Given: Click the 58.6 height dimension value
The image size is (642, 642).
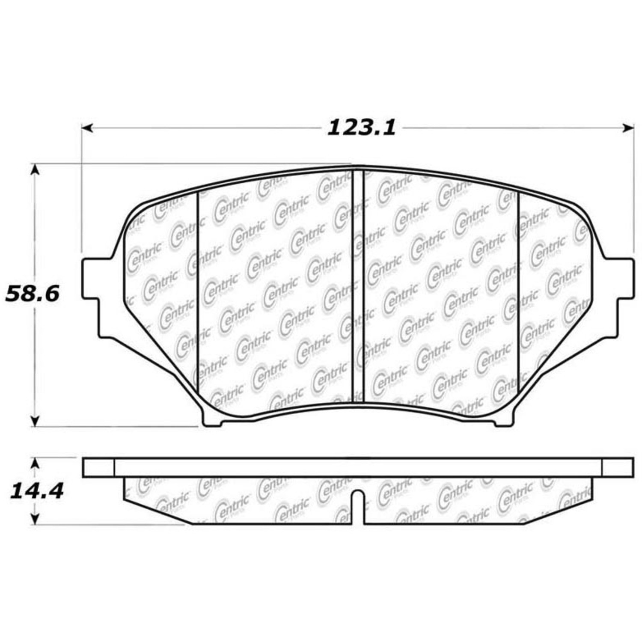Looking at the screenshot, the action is tap(32, 294).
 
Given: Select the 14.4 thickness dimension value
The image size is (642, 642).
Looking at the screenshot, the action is tap(36, 491).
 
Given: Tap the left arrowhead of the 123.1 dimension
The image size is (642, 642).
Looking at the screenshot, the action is tap(87, 128).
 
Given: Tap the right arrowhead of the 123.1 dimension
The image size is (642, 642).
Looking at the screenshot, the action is tap(628, 128).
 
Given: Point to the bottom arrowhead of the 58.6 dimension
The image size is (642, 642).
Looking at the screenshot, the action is tap(36, 421).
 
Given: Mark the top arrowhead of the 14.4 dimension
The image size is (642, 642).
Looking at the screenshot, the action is tap(36, 464).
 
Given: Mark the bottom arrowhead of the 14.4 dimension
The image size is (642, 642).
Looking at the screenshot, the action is tap(36, 518).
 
